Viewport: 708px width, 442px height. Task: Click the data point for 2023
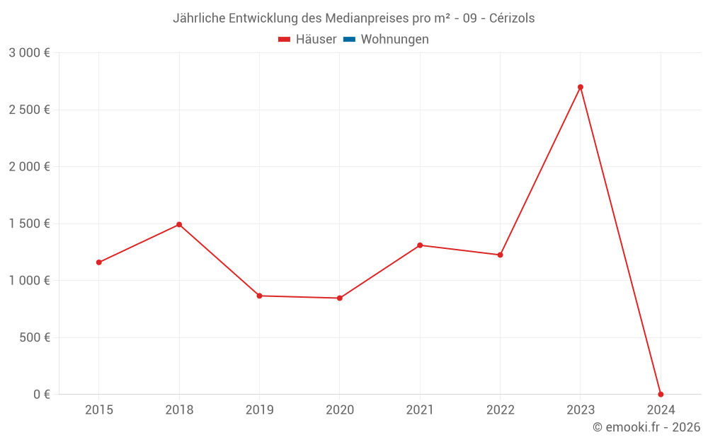[x=581, y=87]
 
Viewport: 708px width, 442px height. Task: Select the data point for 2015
[x=99, y=262]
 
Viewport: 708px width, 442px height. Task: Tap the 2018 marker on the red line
[x=179, y=224]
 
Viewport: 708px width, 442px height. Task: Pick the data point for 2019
[x=259, y=296]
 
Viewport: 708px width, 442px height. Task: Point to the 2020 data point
[x=340, y=298]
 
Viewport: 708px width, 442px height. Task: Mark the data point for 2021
[x=420, y=245]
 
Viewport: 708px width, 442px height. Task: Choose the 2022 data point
[x=500, y=255]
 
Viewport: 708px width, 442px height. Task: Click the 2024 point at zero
[x=661, y=394]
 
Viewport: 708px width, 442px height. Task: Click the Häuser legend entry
[x=307, y=40]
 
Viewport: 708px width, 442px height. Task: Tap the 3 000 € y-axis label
[x=29, y=53]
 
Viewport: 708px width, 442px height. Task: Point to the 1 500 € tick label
[x=29, y=223]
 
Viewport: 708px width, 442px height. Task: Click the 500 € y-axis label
[x=34, y=337]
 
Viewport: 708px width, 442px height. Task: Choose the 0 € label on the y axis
[x=42, y=394]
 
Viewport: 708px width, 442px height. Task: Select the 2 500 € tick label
[x=29, y=110]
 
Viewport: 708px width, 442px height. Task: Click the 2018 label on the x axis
[x=179, y=409]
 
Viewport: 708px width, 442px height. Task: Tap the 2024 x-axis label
[x=661, y=409]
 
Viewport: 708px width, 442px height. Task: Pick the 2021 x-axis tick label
[x=420, y=409]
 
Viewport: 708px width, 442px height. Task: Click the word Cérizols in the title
[x=512, y=18]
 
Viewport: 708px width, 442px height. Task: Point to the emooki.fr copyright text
[x=646, y=427]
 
